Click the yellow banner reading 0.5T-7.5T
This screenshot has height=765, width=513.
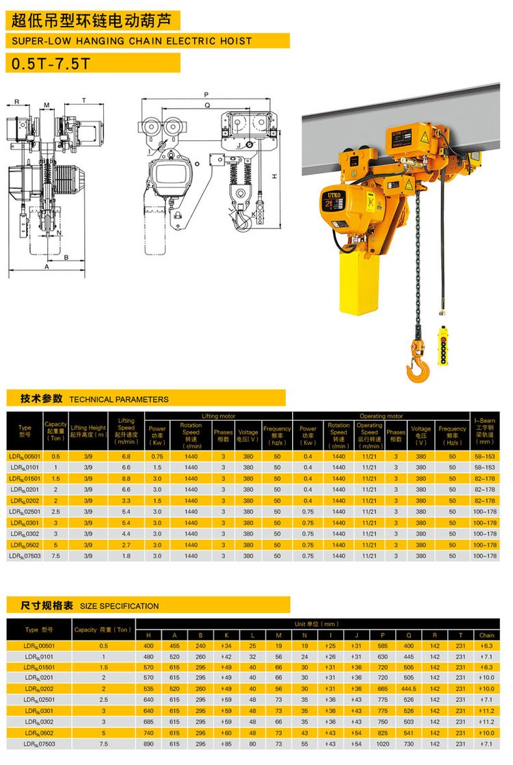[92, 63]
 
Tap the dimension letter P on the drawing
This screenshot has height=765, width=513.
[206, 94]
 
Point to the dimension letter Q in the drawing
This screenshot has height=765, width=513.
[206, 105]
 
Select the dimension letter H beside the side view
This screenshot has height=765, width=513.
[274, 177]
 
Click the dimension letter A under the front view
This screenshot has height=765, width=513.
[47, 268]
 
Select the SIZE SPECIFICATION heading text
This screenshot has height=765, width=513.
[119, 606]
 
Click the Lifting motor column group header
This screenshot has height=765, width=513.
[218, 416]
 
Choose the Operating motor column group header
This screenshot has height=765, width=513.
[381, 416]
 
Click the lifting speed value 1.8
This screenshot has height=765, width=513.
[126, 556]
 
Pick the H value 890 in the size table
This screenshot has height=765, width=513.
[149, 744]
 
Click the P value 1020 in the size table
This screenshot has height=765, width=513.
[382, 744]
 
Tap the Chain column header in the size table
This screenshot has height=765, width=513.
[486, 635]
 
